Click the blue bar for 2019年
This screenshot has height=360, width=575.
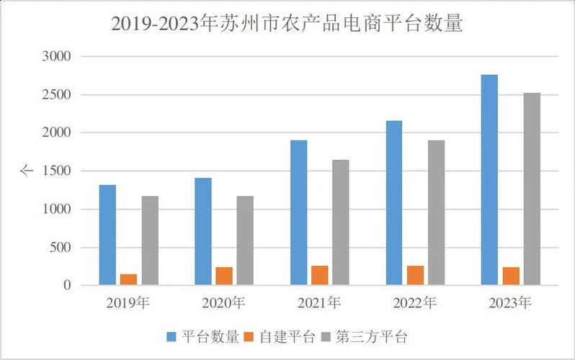tap(107, 235)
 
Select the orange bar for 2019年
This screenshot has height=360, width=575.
tap(128, 279)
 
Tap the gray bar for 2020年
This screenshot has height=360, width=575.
tap(245, 240)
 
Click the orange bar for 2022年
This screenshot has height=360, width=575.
tap(415, 275)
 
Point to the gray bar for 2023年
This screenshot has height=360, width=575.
tap(532, 189)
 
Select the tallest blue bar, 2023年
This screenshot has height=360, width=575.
tap(489, 180)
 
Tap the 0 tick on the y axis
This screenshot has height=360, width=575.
tap(67, 286)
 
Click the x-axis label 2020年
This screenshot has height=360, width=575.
tap(223, 303)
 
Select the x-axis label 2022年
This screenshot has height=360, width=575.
tap(414, 303)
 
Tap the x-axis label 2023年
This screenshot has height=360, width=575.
tap(510, 303)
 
